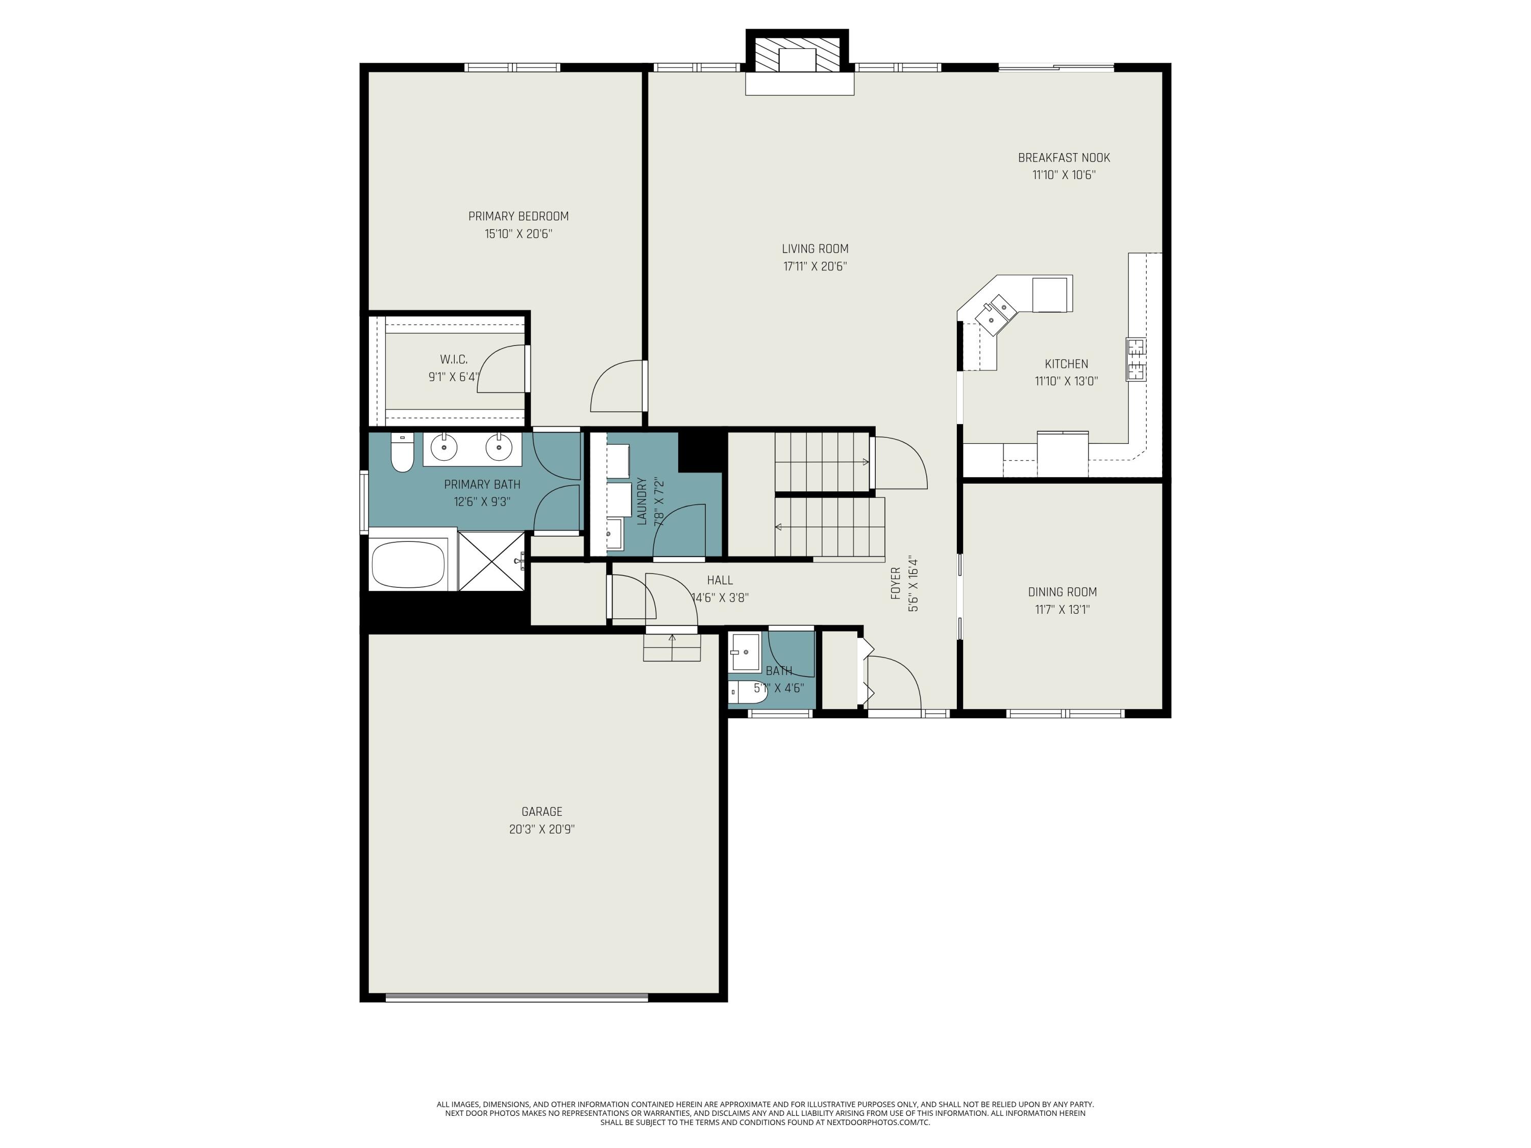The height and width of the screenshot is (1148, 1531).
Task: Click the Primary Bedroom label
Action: (x=518, y=216)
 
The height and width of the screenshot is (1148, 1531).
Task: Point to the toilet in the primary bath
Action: (x=402, y=453)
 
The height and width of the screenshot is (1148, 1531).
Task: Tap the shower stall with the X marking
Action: (x=492, y=561)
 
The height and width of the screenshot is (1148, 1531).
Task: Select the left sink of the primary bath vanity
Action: (x=443, y=447)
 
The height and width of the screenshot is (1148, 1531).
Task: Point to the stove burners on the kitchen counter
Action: (x=1135, y=359)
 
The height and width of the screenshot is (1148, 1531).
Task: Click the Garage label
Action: (x=541, y=811)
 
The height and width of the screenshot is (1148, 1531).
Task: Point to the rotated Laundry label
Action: (x=641, y=501)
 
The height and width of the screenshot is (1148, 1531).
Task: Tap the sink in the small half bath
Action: (x=745, y=651)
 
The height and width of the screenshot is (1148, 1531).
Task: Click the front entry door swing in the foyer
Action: (x=893, y=682)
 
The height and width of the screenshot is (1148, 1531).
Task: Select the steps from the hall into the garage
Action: (x=672, y=647)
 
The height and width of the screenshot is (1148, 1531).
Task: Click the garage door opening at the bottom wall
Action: (x=516, y=997)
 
